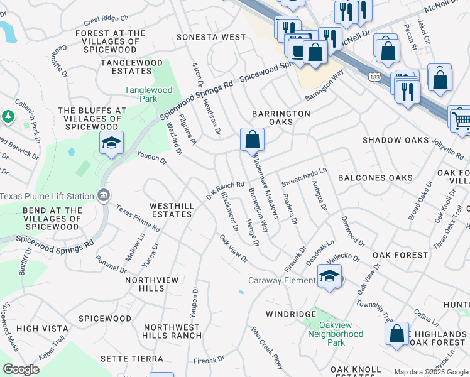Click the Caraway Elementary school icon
[x=330, y=276]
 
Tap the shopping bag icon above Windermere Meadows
[x=251, y=139]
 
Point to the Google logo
[x=21, y=369]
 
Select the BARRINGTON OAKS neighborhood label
[x=281, y=117]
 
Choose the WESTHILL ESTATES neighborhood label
[x=170, y=210]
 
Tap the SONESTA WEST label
[x=211, y=37]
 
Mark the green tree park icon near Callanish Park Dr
[x=8, y=116]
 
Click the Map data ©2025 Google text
[x=430, y=372]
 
